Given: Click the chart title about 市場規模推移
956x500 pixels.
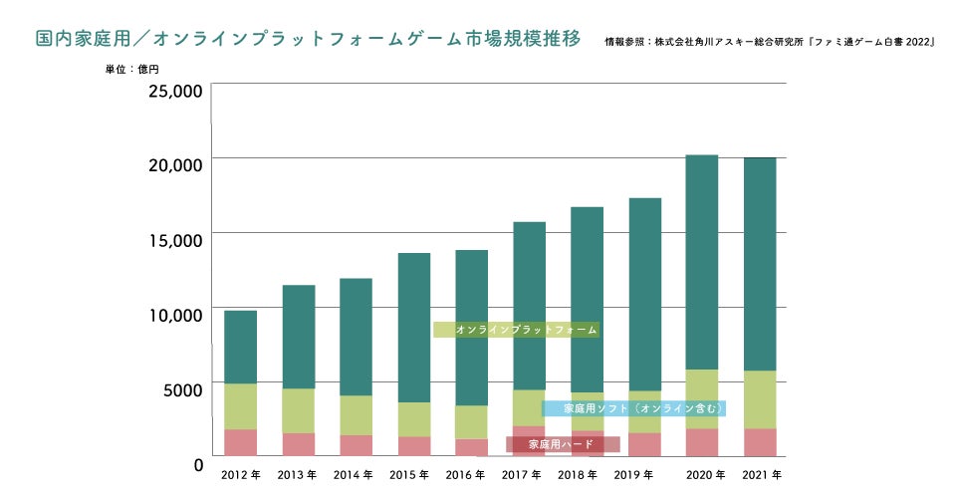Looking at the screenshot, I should (308, 40).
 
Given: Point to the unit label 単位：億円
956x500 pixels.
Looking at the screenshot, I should (131, 71).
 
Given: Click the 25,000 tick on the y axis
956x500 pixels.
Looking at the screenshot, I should (175, 91).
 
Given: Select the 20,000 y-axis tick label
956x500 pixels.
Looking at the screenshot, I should (175, 164).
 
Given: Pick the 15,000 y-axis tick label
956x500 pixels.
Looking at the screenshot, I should (175, 239).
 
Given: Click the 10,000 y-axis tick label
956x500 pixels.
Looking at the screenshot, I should (175, 314).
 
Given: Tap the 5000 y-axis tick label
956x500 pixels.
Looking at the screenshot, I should (180, 388).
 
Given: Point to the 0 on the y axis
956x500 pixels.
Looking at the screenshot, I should (198, 464).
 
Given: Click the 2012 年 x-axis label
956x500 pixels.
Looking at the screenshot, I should (241, 475).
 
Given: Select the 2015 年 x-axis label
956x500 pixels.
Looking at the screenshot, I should (409, 475).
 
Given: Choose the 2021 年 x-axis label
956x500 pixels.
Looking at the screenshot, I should (762, 475).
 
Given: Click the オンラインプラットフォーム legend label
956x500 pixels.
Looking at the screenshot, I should (516, 329).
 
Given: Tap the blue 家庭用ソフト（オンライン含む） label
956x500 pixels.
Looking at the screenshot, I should (633, 408).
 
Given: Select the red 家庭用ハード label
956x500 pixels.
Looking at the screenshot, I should (562, 444).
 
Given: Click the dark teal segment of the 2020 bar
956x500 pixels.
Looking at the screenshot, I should (702, 259).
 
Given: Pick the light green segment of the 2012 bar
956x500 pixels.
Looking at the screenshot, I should (240, 405).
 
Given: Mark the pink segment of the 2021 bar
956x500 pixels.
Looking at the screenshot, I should (761, 442).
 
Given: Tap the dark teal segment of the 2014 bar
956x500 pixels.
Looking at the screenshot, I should (356, 337).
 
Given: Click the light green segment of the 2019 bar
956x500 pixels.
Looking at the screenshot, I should (645, 411).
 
